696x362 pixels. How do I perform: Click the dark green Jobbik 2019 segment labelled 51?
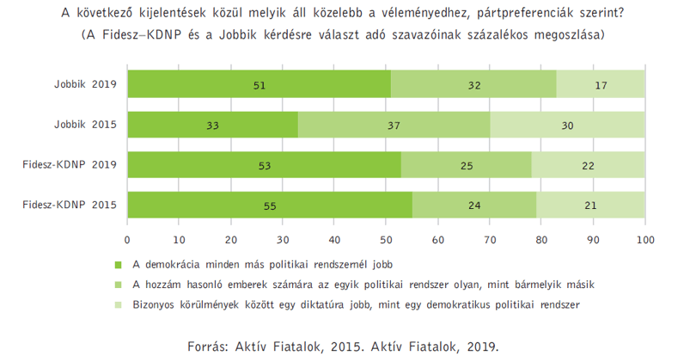[259, 84]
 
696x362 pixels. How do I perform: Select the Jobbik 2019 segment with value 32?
[473, 84]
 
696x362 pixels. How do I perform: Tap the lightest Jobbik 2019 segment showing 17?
[601, 84]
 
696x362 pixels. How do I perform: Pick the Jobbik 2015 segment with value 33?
[213, 125]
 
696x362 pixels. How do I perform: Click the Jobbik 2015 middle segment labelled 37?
[394, 125]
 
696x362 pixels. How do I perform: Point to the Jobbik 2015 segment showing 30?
[567, 125]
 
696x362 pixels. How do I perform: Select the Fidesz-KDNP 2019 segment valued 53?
[265, 165]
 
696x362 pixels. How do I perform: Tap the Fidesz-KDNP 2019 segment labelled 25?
[467, 165]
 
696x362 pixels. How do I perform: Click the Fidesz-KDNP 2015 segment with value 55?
[270, 205]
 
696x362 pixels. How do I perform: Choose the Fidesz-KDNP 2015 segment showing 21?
[590, 205]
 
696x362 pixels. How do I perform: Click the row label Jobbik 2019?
[86, 84]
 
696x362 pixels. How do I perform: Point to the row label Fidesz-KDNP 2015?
[70, 205]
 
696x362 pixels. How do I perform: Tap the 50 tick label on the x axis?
[386, 240]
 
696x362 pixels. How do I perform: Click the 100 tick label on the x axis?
[645, 240]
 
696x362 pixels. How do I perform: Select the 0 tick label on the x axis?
[127, 240]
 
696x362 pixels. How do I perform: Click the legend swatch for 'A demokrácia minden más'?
[118, 265]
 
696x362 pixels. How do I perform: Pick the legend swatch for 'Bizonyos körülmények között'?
[118, 305]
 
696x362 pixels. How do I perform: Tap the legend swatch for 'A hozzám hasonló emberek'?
[118, 285]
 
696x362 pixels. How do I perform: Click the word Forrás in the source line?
[208, 347]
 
